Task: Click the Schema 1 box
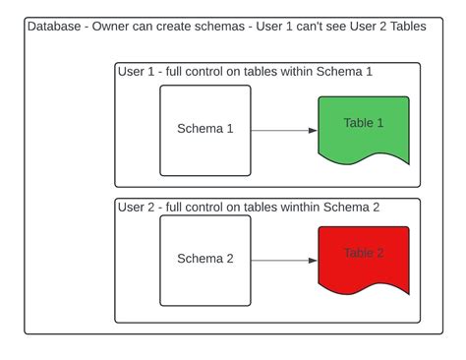[x=205, y=130]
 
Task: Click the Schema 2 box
[x=205, y=260]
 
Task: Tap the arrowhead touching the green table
[x=313, y=131]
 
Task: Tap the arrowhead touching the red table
[x=313, y=261]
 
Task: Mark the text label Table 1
[x=364, y=123]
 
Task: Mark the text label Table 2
[x=364, y=253]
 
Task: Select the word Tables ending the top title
[x=405, y=27]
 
